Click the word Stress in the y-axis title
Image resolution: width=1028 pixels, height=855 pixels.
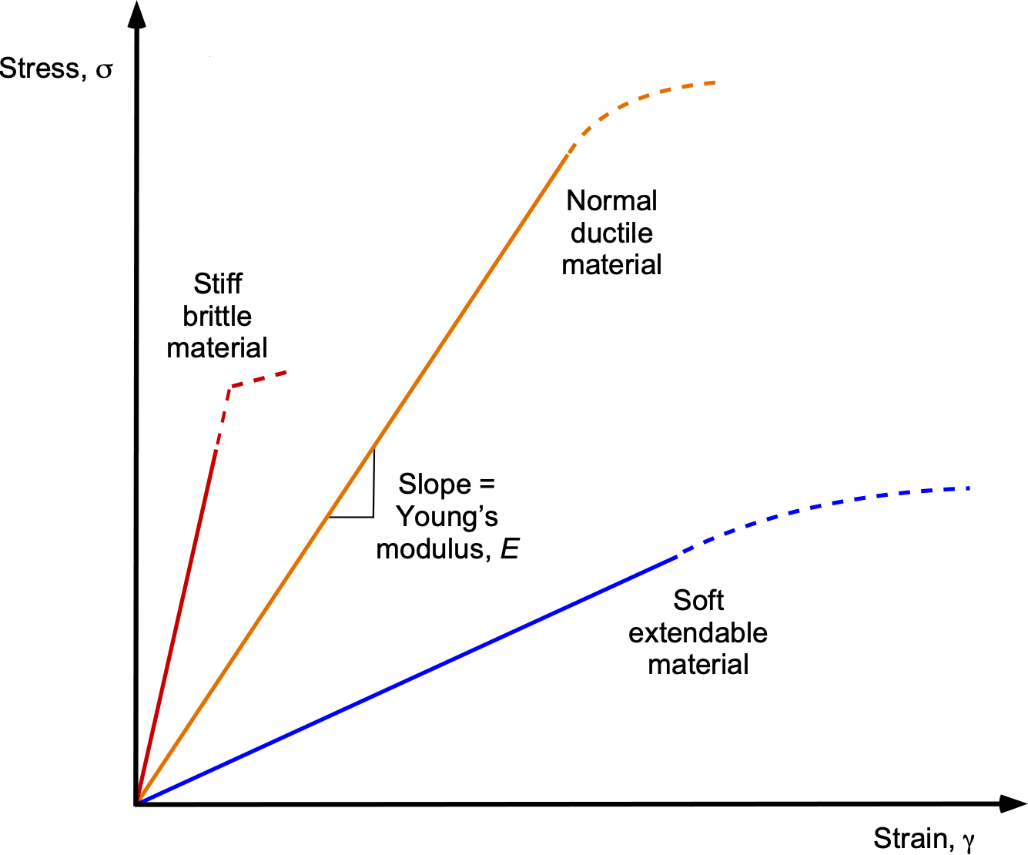[x=39, y=69]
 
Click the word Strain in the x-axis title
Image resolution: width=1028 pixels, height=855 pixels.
[x=909, y=838]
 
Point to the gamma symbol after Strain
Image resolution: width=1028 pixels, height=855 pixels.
[x=968, y=842]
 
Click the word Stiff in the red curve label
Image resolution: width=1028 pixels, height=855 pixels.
[x=218, y=284]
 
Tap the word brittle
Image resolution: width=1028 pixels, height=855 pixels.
[x=217, y=316]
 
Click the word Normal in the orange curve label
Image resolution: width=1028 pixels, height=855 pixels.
[x=611, y=201]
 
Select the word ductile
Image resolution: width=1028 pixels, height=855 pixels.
[x=611, y=233]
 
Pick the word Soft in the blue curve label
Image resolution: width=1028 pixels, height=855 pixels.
[x=698, y=600]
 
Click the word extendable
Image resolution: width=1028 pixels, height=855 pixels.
[x=698, y=632]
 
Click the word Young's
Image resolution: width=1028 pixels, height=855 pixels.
[x=447, y=516]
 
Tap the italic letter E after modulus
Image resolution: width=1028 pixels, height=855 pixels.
[x=509, y=549]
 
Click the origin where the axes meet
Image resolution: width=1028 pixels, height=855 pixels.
[x=137, y=803]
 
